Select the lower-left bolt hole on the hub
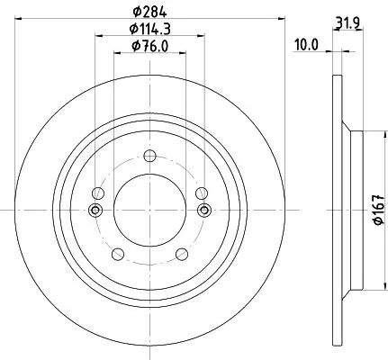pyautogui.click(x=116, y=253)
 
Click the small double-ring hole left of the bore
pyautogui.click(x=95, y=211)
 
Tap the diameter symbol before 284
pyautogui.click(x=134, y=12)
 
